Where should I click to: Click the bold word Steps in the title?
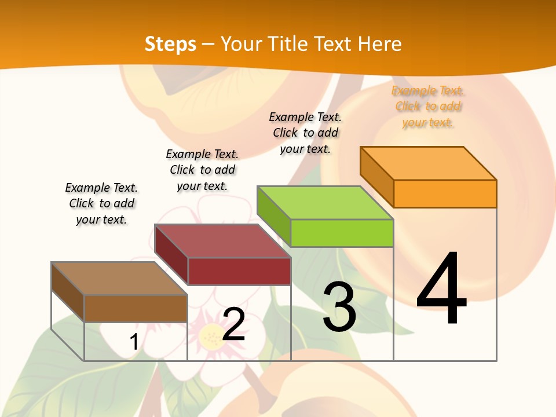(x=170, y=44)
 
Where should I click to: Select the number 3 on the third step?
(x=339, y=306)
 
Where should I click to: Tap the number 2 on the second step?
(x=233, y=324)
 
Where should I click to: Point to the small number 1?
(x=134, y=342)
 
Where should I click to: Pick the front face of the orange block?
(x=445, y=193)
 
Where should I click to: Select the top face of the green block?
(x=325, y=203)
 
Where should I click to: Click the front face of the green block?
(x=342, y=233)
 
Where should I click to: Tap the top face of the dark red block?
(x=222, y=241)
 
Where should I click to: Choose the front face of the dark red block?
(x=239, y=271)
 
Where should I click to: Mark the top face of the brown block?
(x=119, y=279)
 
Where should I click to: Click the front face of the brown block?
(x=136, y=308)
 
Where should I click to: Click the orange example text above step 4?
(x=427, y=107)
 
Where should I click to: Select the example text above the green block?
(x=305, y=133)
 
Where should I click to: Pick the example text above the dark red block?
(x=202, y=170)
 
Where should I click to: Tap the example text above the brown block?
(x=101, y=203)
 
